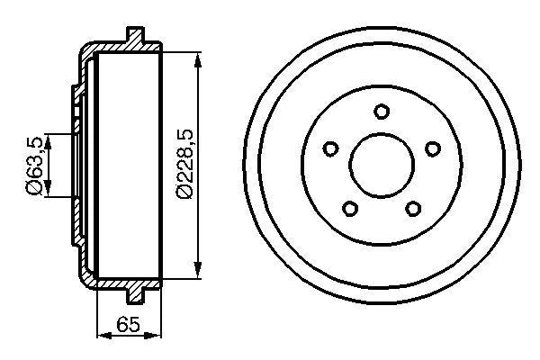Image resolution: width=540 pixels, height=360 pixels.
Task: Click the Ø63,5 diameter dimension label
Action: point(31,164)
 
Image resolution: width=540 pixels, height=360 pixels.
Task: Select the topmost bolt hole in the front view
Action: point(382,112)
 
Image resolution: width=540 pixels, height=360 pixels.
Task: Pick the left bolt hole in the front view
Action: point(330,148)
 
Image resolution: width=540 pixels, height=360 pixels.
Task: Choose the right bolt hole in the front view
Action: point(433,148)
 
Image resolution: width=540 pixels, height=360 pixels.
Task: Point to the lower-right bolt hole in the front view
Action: point(413,209)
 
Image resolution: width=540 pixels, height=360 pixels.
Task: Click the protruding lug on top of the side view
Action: point(136,36)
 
